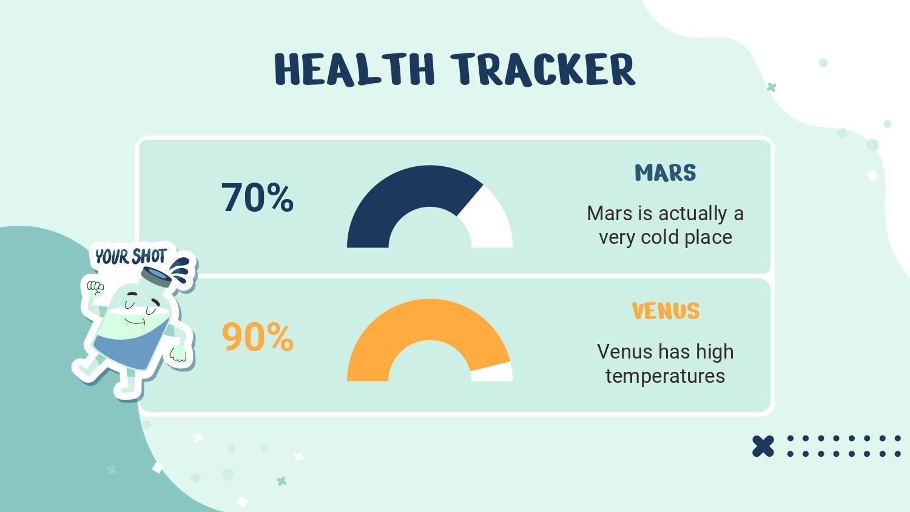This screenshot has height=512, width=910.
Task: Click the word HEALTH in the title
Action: click(355, 69)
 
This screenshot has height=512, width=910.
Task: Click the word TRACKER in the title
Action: click(543, 70)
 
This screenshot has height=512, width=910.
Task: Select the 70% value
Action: click(257, 198)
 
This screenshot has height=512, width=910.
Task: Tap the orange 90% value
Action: click(258, 337)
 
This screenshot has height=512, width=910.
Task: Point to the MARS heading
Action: click(666, 173)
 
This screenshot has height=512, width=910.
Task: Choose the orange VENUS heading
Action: click(666, 311)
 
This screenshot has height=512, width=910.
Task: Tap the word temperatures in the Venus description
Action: click(666, 376)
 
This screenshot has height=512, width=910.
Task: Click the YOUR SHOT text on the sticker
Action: click(131, 257)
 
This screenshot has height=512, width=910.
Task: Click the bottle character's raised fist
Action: click(95, 288)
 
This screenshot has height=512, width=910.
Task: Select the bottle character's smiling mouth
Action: click(135, 322)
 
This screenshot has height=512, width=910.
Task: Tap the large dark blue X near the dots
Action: click(763, 446)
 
